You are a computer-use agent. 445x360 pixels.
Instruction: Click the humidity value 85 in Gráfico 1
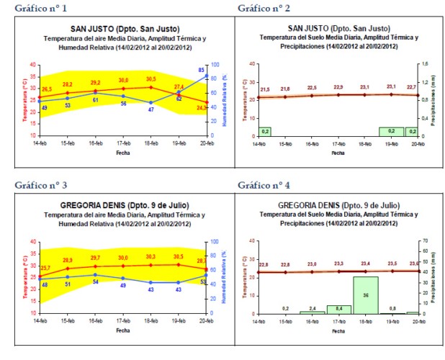click(x=201, y=70)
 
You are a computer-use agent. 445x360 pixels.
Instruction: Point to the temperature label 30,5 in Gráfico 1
click(x=150, y=79)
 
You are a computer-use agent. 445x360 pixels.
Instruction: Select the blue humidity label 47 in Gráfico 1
click(x=150, y=109)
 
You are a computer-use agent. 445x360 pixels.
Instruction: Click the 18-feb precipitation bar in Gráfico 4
click(x=365, y=295)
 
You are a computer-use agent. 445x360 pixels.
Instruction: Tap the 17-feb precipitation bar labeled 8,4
click(x=338, y=310)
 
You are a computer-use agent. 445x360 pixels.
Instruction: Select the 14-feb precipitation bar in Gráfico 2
click(x=265, y=131)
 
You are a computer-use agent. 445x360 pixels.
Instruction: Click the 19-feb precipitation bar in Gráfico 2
click(x=391, y=131)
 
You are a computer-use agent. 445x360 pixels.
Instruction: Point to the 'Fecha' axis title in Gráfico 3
click(x=123, y=331)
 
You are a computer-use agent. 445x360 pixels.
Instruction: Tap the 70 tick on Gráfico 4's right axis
click(x=425, y=241)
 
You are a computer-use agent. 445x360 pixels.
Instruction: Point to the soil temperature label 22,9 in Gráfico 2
click(x=338, y=87)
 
